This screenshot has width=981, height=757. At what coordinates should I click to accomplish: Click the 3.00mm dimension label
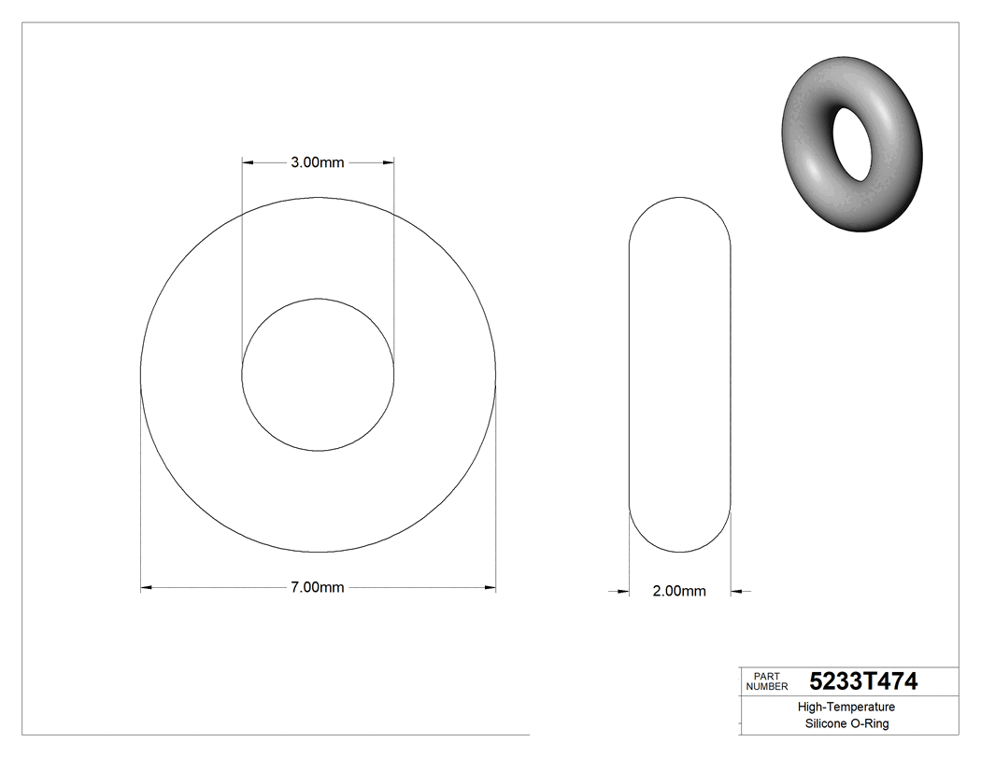[x=318, y=162]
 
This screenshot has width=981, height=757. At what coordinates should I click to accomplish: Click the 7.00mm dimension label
[x=318, y=587]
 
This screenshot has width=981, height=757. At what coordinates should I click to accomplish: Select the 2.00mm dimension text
[x=679, y=591]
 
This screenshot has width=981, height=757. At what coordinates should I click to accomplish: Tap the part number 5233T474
[x=863, y=681]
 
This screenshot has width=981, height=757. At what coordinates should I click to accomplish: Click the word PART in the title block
[x=766, y=676]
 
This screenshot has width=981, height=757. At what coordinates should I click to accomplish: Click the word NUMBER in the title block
[x=768, y=686]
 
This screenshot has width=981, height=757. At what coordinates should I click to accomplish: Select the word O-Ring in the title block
[x=871, y=723]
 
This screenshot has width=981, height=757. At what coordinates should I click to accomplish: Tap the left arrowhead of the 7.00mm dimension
[x=146, y=587]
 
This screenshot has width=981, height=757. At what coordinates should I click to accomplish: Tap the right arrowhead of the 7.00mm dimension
[x=490, y=587]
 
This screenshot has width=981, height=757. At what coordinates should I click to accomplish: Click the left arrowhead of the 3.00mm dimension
[x=248, y=162]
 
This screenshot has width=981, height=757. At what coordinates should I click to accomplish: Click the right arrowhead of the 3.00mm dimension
[x=388, y=162]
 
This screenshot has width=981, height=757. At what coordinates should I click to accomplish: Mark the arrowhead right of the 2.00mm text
[x=736, y=591]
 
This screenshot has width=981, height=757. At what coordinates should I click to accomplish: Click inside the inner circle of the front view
[x=318, y=374]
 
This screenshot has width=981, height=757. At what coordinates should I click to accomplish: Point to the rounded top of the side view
[x=679, y=198]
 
